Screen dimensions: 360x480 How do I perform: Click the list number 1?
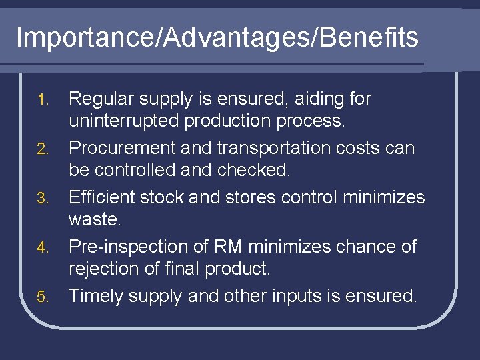coord(43,100)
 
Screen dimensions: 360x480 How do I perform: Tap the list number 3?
coord(43,199)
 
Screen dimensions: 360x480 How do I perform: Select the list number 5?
coord(43,297)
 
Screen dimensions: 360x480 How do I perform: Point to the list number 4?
coord(43,248)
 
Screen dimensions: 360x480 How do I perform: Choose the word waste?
coord(94,220)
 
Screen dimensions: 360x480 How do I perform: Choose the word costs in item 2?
coord(375,148)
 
